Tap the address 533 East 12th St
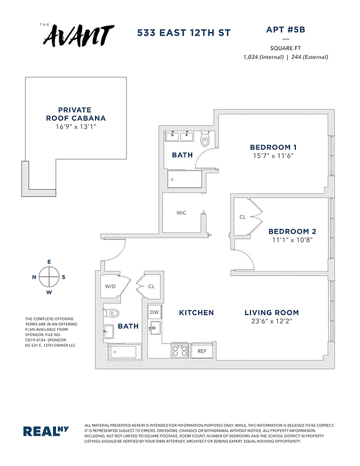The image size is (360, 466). pyautogui.click(x=183, y=33)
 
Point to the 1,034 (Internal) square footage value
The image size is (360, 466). pyautogui.click(x=263, y=57)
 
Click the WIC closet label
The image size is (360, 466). pyautogui.click(x=181, y=213)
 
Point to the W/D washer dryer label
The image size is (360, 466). pyautogui.click(x=111, y=287)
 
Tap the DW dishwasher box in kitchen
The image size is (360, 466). pyautogui.click(x=154, y=312)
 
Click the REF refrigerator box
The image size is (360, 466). pyautogui.click(x=202, y=351)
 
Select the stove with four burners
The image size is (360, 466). pyautogui.click(x=179, y=351)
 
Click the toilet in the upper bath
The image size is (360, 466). pyautogui.click(x=205, y=140)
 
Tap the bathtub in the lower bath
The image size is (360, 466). pyautogui.click(x=122, y=352)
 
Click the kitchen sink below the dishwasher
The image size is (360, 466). pyautogui.click(x=155, y=328)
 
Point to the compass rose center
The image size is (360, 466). pyautogui.click(x=49, y=276)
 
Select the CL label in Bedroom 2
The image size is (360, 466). pyautogui.click(x=242, y=217)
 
